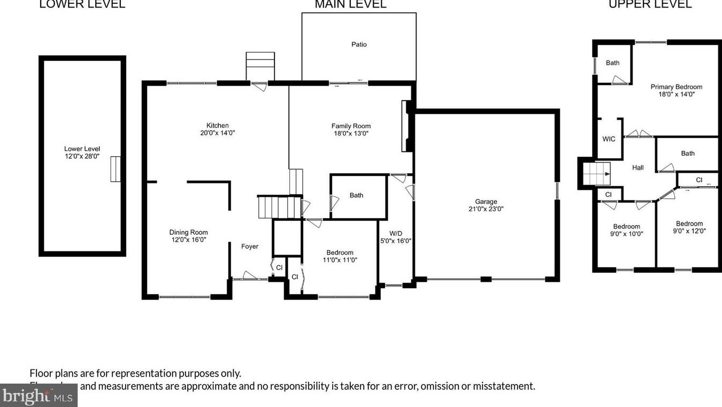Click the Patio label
(359, 44)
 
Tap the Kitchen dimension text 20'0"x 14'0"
(217, 133)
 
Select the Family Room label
(351, 126)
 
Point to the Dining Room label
(188, 232)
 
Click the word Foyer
(250, 247)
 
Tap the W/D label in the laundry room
(396, 233)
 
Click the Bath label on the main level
(356, 195)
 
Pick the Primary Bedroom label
(676, 87)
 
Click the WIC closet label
(609, 139)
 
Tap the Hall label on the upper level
(637, 167)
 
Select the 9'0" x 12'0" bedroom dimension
(689, 232)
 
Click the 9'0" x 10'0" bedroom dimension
(626, 234)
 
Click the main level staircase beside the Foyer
(279, 207)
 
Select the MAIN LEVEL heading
(350, 5)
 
